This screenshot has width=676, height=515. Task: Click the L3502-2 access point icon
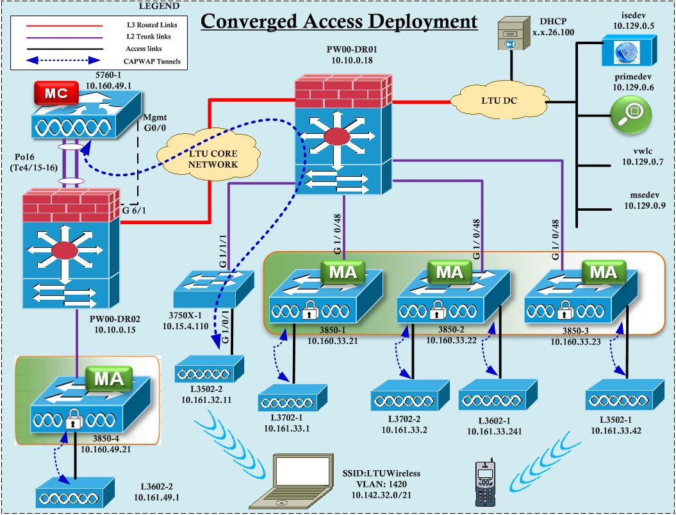(x=210, y=370)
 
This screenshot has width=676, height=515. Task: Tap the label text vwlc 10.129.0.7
(x=643, y=158)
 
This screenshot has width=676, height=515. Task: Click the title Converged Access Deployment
(x=339, y=22)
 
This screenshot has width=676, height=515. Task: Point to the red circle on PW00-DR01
(x=337, y=136)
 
